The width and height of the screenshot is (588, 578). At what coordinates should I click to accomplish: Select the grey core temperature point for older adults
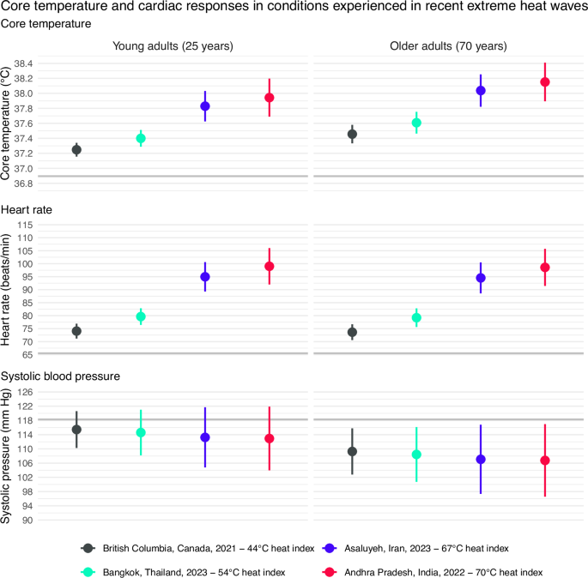coord(352,134)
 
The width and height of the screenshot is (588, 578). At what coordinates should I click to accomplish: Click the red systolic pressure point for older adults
coord(544,461)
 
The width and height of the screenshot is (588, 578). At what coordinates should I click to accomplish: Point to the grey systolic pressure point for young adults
coord(76,430)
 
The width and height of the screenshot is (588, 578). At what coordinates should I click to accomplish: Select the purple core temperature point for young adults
coord(205,106)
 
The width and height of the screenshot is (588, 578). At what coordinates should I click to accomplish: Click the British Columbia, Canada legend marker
coord(87,548)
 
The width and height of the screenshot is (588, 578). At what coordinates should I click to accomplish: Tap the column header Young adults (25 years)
coord(173,45)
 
